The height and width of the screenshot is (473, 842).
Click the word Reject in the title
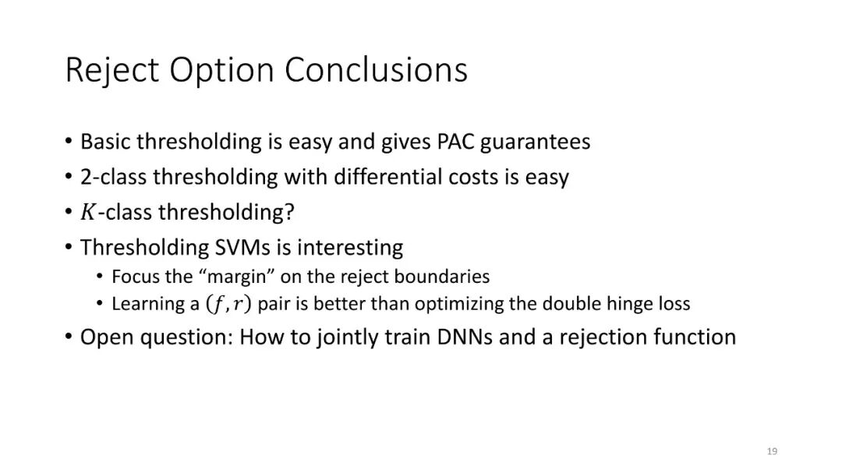pyautogui.click(x=112, y=70)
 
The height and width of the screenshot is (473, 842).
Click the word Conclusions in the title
pyautogui.click(x=376, y=70)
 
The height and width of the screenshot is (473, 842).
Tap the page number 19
pyautogui.click(x=772, y=451)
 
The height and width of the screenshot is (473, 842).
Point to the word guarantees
pyautogui.click(x=535, y=143)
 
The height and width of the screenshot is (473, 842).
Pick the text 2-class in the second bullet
pyautogui.click(x=113, y=177)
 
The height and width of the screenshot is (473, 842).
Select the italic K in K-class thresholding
pyautogui.click(x=87, y=212)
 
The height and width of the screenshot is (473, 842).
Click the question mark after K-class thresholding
pyautogui.click(x=290, y=212)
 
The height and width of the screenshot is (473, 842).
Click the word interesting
pyautogui.click(x=349, y=249)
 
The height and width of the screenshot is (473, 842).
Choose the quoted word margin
pyautogui.click(x=237, y=277)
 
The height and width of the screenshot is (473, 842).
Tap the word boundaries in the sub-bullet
pyautogui.click(x=441, y=277)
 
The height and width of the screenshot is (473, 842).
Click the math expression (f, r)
pyautogui.click(x=228, y=304)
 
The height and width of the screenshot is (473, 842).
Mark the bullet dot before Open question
pyautogui.click(x=68, y=337)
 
